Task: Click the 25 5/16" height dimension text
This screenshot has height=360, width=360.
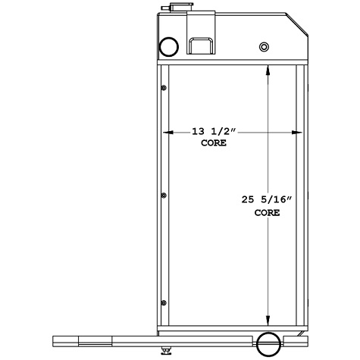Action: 266,200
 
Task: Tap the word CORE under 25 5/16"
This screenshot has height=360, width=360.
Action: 266,213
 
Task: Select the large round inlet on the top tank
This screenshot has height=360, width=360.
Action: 168,47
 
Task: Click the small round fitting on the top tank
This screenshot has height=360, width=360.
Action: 264,48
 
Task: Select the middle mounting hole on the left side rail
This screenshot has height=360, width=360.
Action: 164,196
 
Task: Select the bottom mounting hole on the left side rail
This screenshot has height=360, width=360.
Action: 164,304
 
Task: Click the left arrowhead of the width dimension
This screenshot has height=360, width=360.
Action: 167,130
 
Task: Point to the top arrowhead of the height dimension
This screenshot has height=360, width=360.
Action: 267,70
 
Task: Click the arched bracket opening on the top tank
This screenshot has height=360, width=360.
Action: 202,45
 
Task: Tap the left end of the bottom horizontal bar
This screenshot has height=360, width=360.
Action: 55,339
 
